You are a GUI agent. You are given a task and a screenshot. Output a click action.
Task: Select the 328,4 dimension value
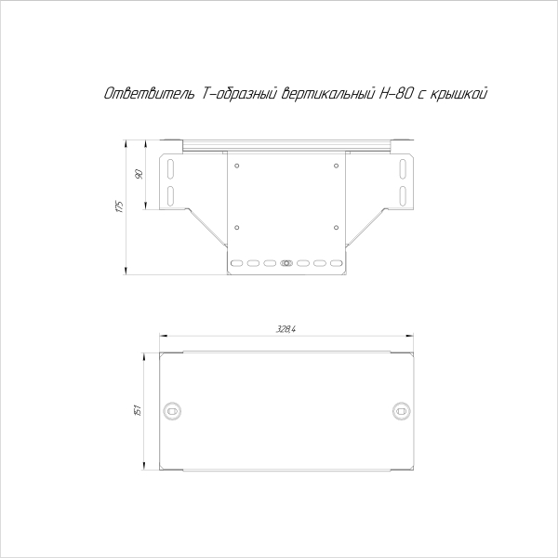tap(286, 328)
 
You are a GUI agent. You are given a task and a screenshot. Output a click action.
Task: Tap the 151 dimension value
tap(137, 410)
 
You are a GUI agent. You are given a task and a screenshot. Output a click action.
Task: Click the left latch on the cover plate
tap(173, 410)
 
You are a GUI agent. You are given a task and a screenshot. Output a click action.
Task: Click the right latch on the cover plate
tap(401, 410)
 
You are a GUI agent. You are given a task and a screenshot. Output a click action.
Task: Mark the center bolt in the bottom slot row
tap(286, 264)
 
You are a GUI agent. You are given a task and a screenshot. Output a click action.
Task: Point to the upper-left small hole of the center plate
tap(238, 166)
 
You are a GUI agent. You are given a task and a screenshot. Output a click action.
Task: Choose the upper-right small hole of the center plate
tap(334, 166)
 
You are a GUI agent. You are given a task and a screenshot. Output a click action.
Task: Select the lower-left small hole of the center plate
tap(238, 226)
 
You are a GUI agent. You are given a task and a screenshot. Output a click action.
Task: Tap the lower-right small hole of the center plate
tap(334, 226)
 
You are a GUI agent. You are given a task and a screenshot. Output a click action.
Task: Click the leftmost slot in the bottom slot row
tap(236, 264)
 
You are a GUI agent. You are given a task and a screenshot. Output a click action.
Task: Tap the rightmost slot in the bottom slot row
tap(337, 264)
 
